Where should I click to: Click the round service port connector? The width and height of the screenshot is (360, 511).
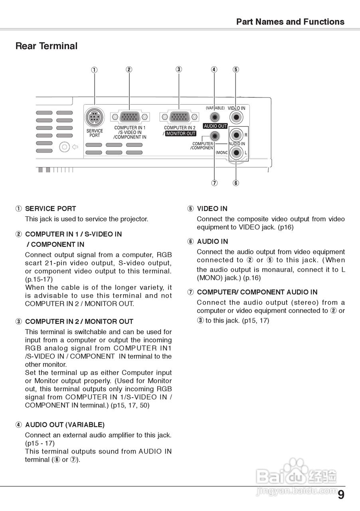point(95,117)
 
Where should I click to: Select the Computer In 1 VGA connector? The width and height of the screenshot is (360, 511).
point(130,117)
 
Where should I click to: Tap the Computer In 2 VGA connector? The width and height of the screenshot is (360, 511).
point(179,117)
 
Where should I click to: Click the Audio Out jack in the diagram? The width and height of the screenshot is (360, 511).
point(215,117)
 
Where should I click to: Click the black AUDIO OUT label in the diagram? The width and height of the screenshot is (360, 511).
point(215,126)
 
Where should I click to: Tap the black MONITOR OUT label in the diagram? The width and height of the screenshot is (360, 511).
point(181,134)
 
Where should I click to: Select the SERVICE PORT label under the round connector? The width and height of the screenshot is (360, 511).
point(95,133)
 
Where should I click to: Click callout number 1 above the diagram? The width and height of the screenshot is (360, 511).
point(94,70)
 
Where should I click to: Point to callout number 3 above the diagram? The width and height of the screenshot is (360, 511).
point(179,69)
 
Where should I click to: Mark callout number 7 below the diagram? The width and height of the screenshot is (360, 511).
point(215,183)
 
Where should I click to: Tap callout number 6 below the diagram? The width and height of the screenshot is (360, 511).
point(236,183)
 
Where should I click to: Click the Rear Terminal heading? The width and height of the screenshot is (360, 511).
point(46,46)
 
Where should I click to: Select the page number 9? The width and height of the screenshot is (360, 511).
point(340,495)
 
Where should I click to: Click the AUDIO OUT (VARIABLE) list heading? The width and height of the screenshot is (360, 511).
point(65,425)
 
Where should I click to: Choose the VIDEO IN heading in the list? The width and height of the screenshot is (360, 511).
point(212,208)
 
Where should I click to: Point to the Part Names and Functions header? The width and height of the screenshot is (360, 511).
point(290,22)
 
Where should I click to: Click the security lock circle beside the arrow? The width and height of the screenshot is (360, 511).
point(64,147)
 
